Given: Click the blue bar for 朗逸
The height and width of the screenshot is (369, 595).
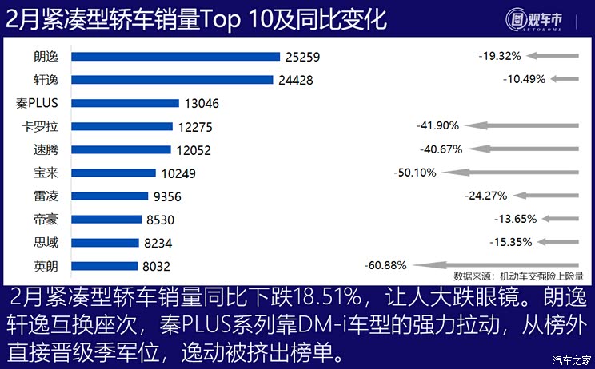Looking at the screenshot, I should pos(175,56).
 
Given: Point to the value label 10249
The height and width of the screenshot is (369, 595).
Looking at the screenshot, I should pos(177,173).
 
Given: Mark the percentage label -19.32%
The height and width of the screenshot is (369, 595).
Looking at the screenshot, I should pos(501,56).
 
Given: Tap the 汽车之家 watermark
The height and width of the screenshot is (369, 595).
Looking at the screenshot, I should pos(572,359).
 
